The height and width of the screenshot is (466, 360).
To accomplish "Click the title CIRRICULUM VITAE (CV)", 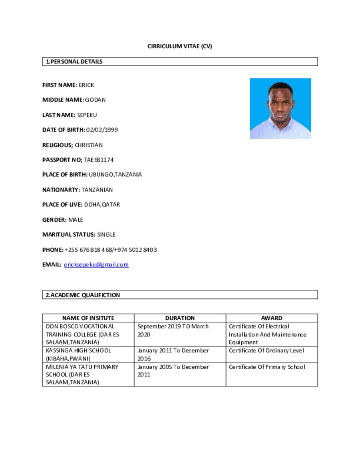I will pyautogui.click(x=180, y=46).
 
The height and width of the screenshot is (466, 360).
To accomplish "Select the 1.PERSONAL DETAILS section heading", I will pyautogui.click(x=74, y=62).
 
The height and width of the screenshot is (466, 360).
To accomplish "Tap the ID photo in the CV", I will pyautogui.click(x=280, y=108).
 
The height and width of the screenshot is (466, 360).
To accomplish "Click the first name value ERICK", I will pyautogui.click(x=86, y=85).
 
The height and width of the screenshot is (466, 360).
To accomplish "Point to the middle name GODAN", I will pyautogui.click(x=95, y=100).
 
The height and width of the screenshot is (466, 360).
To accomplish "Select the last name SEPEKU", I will pyautogui.click(x=87, y=115).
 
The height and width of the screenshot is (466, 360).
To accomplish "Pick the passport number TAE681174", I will pyautogui.click(x=99, y=160).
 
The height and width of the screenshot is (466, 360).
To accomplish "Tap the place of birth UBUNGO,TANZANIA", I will pyautogui.click(x=115, y=175).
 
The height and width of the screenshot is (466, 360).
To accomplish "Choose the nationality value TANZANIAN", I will pyautogui.click(x=97, y=190).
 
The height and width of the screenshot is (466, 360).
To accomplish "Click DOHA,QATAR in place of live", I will pyautogui.click(x=102, y=205).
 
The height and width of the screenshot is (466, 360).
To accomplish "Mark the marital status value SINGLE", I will pyautogui.click(x=106, y=235).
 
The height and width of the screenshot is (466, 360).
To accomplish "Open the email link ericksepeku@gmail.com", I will pyautogui.click(x=96, y=265).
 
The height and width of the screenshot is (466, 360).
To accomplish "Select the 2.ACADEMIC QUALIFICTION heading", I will pyautogui.click(x=82, y=295).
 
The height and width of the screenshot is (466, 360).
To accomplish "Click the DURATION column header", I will pyautogui.click(x=180, y=318).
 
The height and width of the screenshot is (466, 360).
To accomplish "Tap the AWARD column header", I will pyautogui.click(x=272, y=318).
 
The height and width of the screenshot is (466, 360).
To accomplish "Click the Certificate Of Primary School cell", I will pyautogui.click(x=267, y=367).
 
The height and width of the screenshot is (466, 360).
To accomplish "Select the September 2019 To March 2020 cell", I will pyautogui.click(x=173, y=330).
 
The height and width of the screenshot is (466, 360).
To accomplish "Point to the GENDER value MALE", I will pyautogui.click(x=76, y=220).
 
